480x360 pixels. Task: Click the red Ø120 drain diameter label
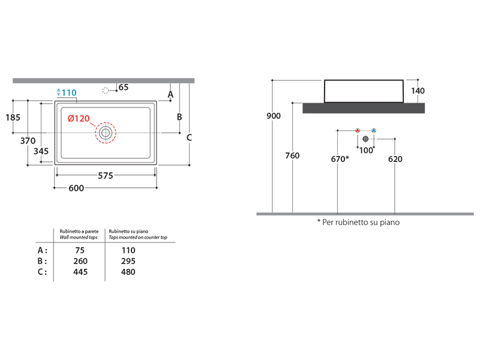pyautogui.click(x=79, y=118)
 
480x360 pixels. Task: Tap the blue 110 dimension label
pyautogui.click(x=69, y=92)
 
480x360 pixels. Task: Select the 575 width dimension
pyautogui.click(x=106, y=175)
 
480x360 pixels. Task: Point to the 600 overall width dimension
pyautogui.click(x=76, y=188)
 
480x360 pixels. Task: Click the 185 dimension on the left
pyautogui.click(x=13, y=117)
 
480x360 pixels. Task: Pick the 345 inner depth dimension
pyautogui.click(x=41, y=151)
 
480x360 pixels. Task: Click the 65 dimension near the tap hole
pyautogui.click(x=124, y=87)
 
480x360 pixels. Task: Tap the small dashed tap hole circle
pyautogui.click(x=106, y=91)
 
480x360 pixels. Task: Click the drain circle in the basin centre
pyautogui.click(x=106, y=133)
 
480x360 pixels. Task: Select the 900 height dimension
pyautogui.click(x=274, y=116)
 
